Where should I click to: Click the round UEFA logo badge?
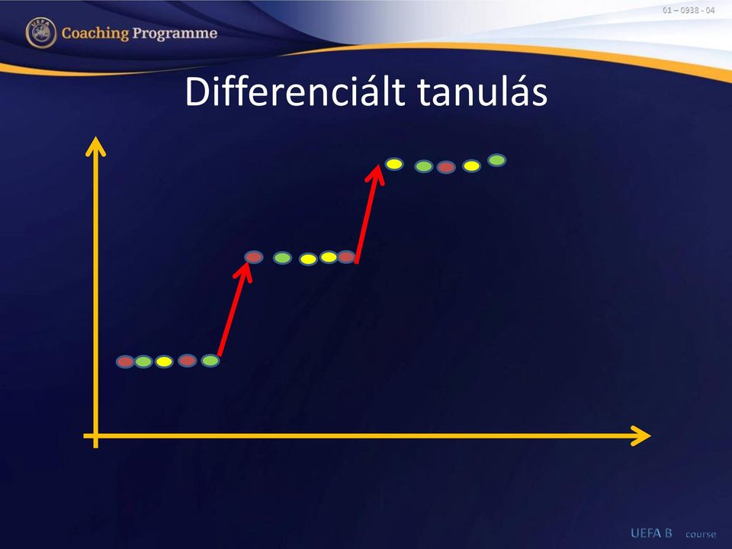pyautogui.click(x=41, y=33)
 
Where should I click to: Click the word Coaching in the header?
pyautogui.click(x=95, y=34)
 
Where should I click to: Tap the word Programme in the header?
pyautogui.click(x=175, y=34)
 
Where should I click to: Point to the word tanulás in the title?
pyautogui.click(x=483, y=91)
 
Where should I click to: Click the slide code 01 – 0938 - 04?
pyautogui.click(x=689, y=10)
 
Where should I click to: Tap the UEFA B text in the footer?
pyautogui.click(x=651, y=533)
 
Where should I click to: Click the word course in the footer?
pyautogui.click(x=701, y=534)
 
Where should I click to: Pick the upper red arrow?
pyautogui.click(x=370, y=213)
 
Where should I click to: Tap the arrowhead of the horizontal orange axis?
pyautogui.click(x=640, y=436)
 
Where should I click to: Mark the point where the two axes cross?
pyautogui.click(x=96, y=436)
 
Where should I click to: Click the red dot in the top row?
pyautogui.click(x=446, y=167)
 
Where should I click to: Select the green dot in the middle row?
pyautogui.click(x=282, y=258)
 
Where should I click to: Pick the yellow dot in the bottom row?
pyautogui.click(x=164, y=361)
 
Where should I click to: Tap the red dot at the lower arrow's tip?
pyautogui.click(x=254, y=257)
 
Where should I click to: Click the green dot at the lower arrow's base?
pyautogui.click(x=210, y=361)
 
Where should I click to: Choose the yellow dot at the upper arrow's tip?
pyautogui.click(x=394, y=164)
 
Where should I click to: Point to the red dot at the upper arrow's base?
pyautogui.click(x=346, y=257)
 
